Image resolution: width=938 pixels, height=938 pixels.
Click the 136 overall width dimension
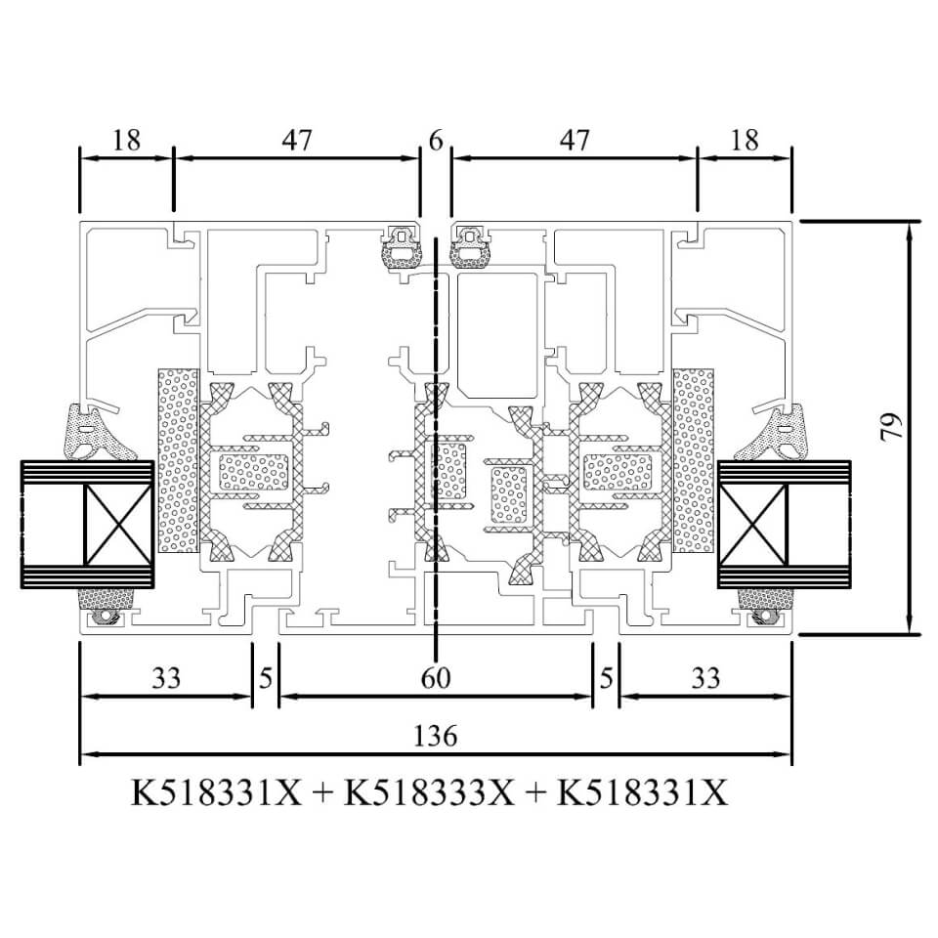click(x=436, y=736)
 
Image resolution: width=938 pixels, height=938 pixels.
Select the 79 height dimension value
click(x=891, y=427)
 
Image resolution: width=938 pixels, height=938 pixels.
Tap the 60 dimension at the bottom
click(x=436, y=678)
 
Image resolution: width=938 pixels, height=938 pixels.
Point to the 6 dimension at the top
click(x=436, y=140)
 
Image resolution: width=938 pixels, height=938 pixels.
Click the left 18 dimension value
click(x=126, y=140)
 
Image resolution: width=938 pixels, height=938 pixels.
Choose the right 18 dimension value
click(x=745, y=140)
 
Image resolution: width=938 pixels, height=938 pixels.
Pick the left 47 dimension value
click(x=297, y=140)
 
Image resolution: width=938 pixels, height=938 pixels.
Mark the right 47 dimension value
click(x=575, y=140)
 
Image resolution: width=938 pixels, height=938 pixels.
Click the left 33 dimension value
click(x=166, y=678)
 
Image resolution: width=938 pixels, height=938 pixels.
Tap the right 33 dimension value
click(x=705, y=678)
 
